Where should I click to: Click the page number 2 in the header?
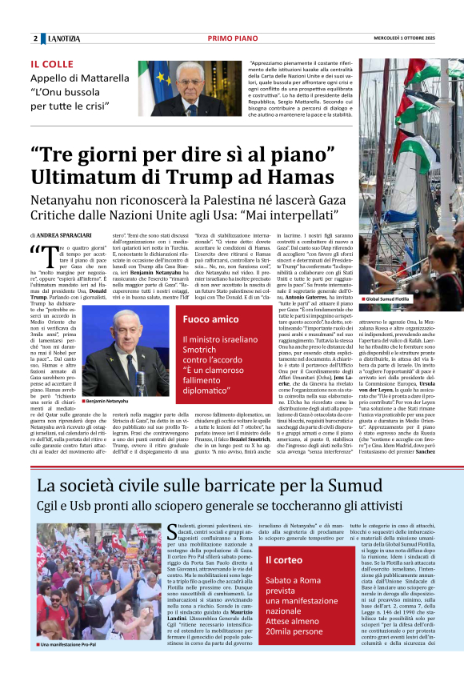click(35, 38)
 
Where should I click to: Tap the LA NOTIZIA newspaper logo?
click(63, 38)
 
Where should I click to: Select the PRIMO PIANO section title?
click(231, 38)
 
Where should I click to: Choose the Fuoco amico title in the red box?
click(210, 319)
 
